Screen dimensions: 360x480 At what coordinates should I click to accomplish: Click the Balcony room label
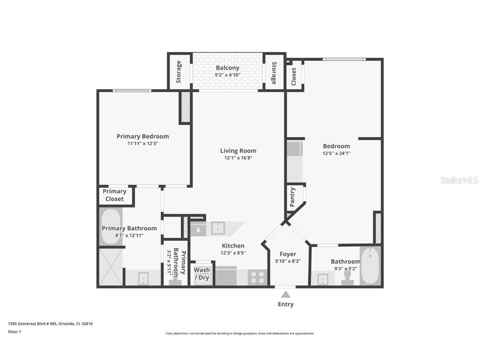click(227, 68)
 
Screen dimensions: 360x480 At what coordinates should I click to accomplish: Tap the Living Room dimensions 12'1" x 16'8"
click(238, 158)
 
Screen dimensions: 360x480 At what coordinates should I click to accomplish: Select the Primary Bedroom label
click(142, 136)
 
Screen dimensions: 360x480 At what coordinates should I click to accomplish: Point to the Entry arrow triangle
click(286, 295)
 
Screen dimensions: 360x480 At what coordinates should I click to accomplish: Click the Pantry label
click(292, 197)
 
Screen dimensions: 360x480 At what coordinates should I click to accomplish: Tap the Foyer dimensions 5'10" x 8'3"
click(288, 261)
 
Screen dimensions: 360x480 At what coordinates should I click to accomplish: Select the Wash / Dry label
click(202, 274)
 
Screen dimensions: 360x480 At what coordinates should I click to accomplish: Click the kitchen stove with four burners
click(257, 277)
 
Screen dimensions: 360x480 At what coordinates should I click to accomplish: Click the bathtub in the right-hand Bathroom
click(370, 266)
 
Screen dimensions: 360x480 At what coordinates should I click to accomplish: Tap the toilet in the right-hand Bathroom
click(347, 277)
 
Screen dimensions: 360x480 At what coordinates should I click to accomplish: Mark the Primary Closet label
click(115, 195)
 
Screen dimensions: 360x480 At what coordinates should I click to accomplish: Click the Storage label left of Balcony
click(179, 72)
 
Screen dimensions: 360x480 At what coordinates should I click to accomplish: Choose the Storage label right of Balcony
click(274, 73)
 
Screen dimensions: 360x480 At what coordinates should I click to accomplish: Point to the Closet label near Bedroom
click(294, 77)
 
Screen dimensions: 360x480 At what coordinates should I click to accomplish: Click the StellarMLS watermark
click(454, 180)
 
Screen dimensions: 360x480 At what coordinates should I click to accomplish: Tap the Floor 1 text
click(15, 332)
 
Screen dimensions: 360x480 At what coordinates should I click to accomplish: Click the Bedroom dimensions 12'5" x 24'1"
click(336, 153)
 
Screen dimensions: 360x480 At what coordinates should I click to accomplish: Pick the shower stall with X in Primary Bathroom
click(111, 267)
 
